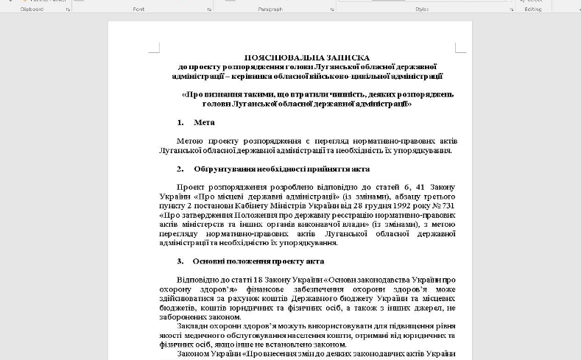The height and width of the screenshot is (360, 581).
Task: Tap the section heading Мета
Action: (204, 122)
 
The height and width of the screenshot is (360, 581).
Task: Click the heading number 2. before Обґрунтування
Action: (180, 169)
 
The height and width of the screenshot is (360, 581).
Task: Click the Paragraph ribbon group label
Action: (270, 9)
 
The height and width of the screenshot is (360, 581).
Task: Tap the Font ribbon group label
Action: (138, 9)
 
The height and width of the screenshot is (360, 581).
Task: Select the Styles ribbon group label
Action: (421, 9)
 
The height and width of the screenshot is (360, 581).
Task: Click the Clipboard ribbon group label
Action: (32, 9)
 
